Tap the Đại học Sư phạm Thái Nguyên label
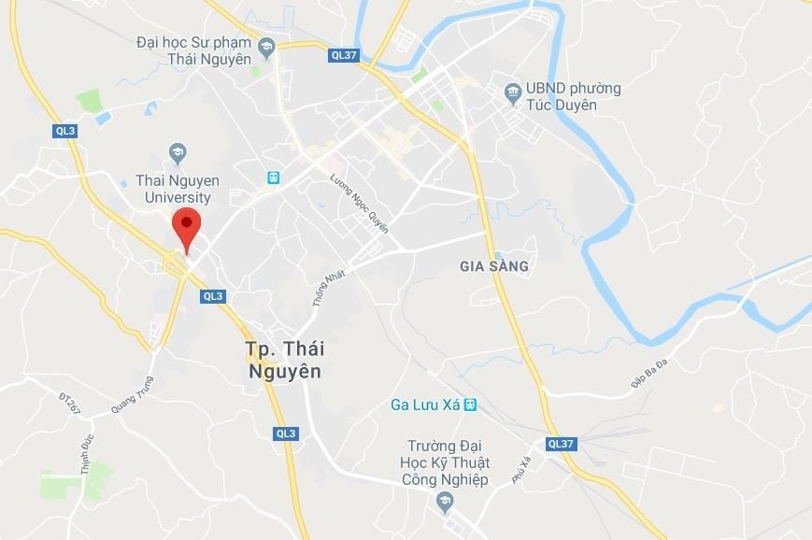pos(194,50)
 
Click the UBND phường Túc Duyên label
pos(573,96)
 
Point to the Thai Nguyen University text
pos(178,188)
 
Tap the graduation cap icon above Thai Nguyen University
pos(178,152)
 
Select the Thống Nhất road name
pos(329,288)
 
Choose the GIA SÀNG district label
pos(494,266)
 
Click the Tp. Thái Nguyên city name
pos(285,360)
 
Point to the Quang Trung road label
pos(132,395)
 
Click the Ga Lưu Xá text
pos(425,405)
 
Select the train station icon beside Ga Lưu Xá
pos(470,405)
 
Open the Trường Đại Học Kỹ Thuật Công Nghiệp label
pos(448,462)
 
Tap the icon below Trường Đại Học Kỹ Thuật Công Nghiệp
pos(446,503)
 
